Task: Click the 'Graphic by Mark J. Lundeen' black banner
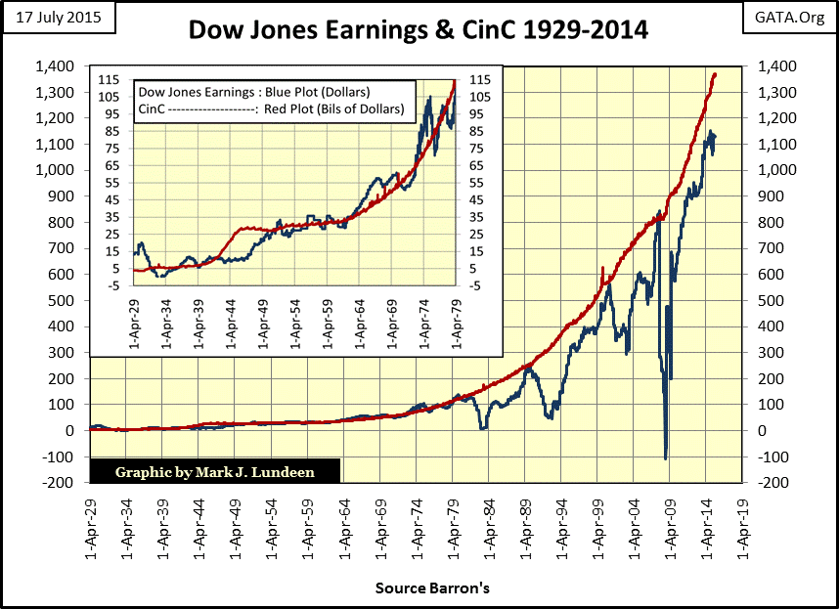(x=215, y=470)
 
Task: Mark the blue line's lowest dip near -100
(x=665, y=457)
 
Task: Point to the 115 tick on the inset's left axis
(x=110, y=80)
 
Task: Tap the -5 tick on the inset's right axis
(x=476, y=285)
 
